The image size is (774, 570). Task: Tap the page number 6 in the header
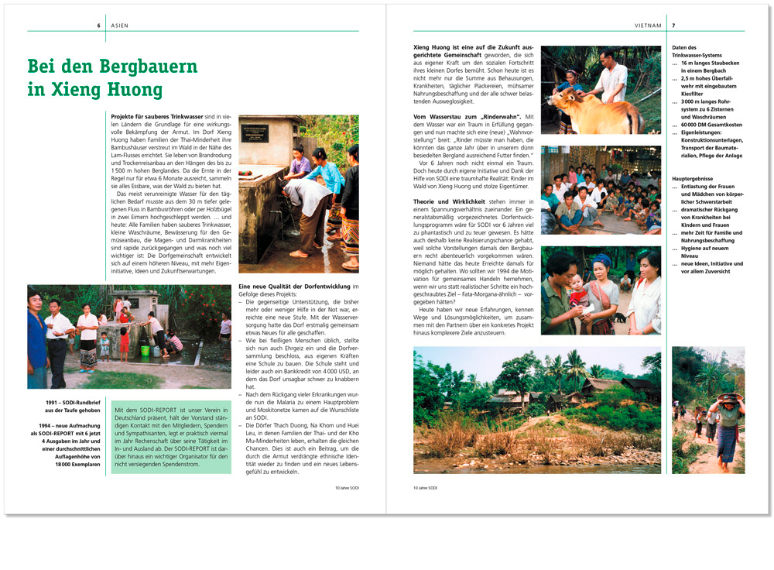[x=99, y=26]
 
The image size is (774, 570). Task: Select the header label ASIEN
[x=119, y=26]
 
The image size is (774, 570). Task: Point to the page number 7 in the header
[x=673, y=26]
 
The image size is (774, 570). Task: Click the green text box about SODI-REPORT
[x=171, y=438]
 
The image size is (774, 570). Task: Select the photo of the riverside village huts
[x=536, y=410]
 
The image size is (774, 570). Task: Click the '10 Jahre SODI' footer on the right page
[x=426, y=488]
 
